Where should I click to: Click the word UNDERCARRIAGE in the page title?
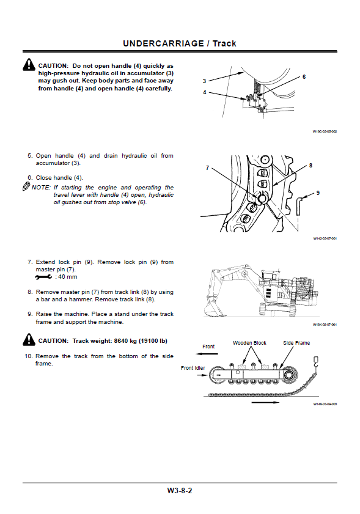click(x=163, y=43)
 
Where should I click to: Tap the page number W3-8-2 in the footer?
click(x=180, y=491)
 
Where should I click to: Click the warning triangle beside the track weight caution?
click(x=29, y=340)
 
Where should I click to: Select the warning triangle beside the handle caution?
click(x=29, y=64)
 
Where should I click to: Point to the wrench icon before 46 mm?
click(x=43, y=277)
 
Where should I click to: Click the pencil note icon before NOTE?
click(x=26, y=187)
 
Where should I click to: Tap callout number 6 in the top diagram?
click(x=304, y=77)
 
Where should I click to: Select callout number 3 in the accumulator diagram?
click(x=204, y=81)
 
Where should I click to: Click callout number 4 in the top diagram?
click(x=205, y=92)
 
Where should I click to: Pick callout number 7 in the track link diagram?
click(x=207, y=168)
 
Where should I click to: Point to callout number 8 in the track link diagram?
click(x=310, y=166)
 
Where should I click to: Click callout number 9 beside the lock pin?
click(x=318, y=193)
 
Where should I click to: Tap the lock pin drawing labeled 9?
click(x=298, y=207)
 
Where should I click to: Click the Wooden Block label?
click(x=249, y=343)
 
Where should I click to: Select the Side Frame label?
click(x=296, y=343)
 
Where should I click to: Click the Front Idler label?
click(x=193, y=368)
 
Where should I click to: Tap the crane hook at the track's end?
click(x=316, y=362)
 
